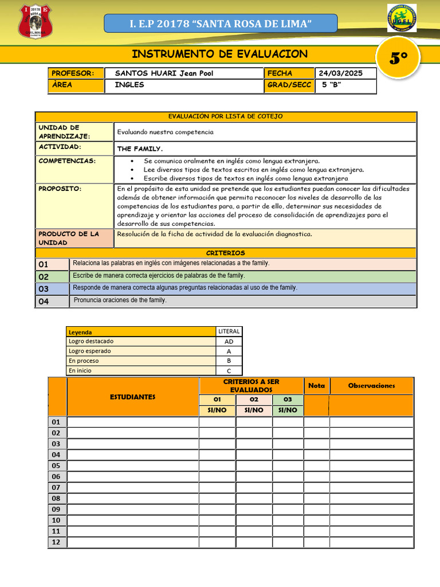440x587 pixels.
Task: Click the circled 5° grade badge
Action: click(x=399, y=58)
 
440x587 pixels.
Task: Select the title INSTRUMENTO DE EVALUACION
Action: click(x=219, y=54)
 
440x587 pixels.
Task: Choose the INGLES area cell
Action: click(x=129, y=85)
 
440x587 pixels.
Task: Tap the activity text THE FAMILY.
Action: click(x=140, y=148)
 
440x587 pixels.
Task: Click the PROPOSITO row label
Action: click(x=60, y=189)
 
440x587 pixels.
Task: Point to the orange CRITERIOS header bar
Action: click(x=225, y=253)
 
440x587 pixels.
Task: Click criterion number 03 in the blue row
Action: click(x=44, y=289)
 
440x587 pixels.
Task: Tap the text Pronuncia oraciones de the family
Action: click(x=120, y=300)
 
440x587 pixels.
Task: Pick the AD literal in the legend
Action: click(x=229, y=342)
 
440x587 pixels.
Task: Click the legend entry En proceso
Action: click(x=84, y=361)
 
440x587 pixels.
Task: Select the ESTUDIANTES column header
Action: click(x=133, y=397)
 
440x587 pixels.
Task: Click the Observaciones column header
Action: click(x=371, y=386)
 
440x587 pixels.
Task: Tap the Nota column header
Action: click(x=316, y=386)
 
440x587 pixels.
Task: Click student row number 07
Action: click(x=56, y=487)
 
